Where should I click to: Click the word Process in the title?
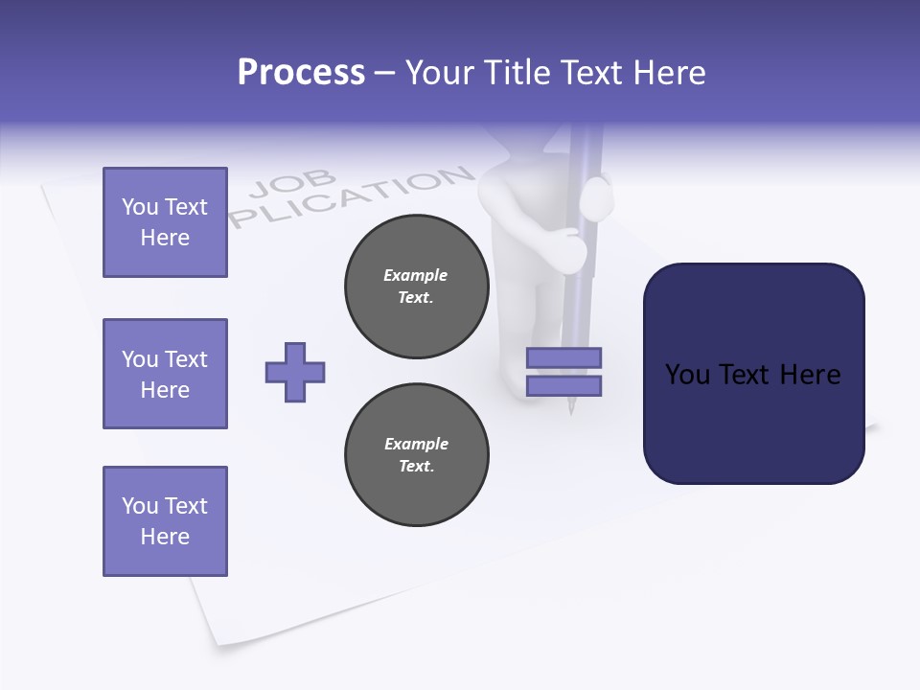click(301, 73)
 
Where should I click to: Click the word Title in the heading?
click(515, 73)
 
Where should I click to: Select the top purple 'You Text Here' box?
click(165, 222)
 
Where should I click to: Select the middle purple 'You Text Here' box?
click(165, 374)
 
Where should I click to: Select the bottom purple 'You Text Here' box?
click(165, 521)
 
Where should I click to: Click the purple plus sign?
click(295, 372)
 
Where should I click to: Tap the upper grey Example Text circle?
click(417, 287)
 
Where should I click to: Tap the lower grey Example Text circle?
click(417, 455)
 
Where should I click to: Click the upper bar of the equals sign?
click(563, 357)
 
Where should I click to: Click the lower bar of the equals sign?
click(563, 386)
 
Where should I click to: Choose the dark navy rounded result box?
click(753, 374)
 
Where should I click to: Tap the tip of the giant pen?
click(571, 410)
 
